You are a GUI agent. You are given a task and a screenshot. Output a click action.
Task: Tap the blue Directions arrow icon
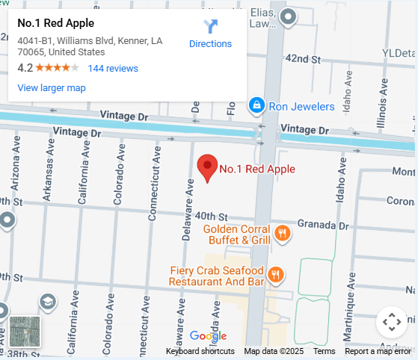click(210, 27)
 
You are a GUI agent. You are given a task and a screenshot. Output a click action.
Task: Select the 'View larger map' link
click(52, 88)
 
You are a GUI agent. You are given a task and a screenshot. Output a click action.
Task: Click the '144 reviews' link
click(113, 68)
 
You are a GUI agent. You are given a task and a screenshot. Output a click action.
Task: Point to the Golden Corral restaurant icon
click(282, 234)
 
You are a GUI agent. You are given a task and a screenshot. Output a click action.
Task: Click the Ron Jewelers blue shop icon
click(256, 106)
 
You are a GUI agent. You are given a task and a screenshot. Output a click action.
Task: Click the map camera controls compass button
click(392, 323)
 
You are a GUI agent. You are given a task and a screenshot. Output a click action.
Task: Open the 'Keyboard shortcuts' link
click(200, 351)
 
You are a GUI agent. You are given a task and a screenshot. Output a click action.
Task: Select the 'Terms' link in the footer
click(324, 351)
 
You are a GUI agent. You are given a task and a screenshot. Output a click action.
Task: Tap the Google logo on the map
click(208, 336)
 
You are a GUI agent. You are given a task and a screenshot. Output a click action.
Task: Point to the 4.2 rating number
click(25, 68)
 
